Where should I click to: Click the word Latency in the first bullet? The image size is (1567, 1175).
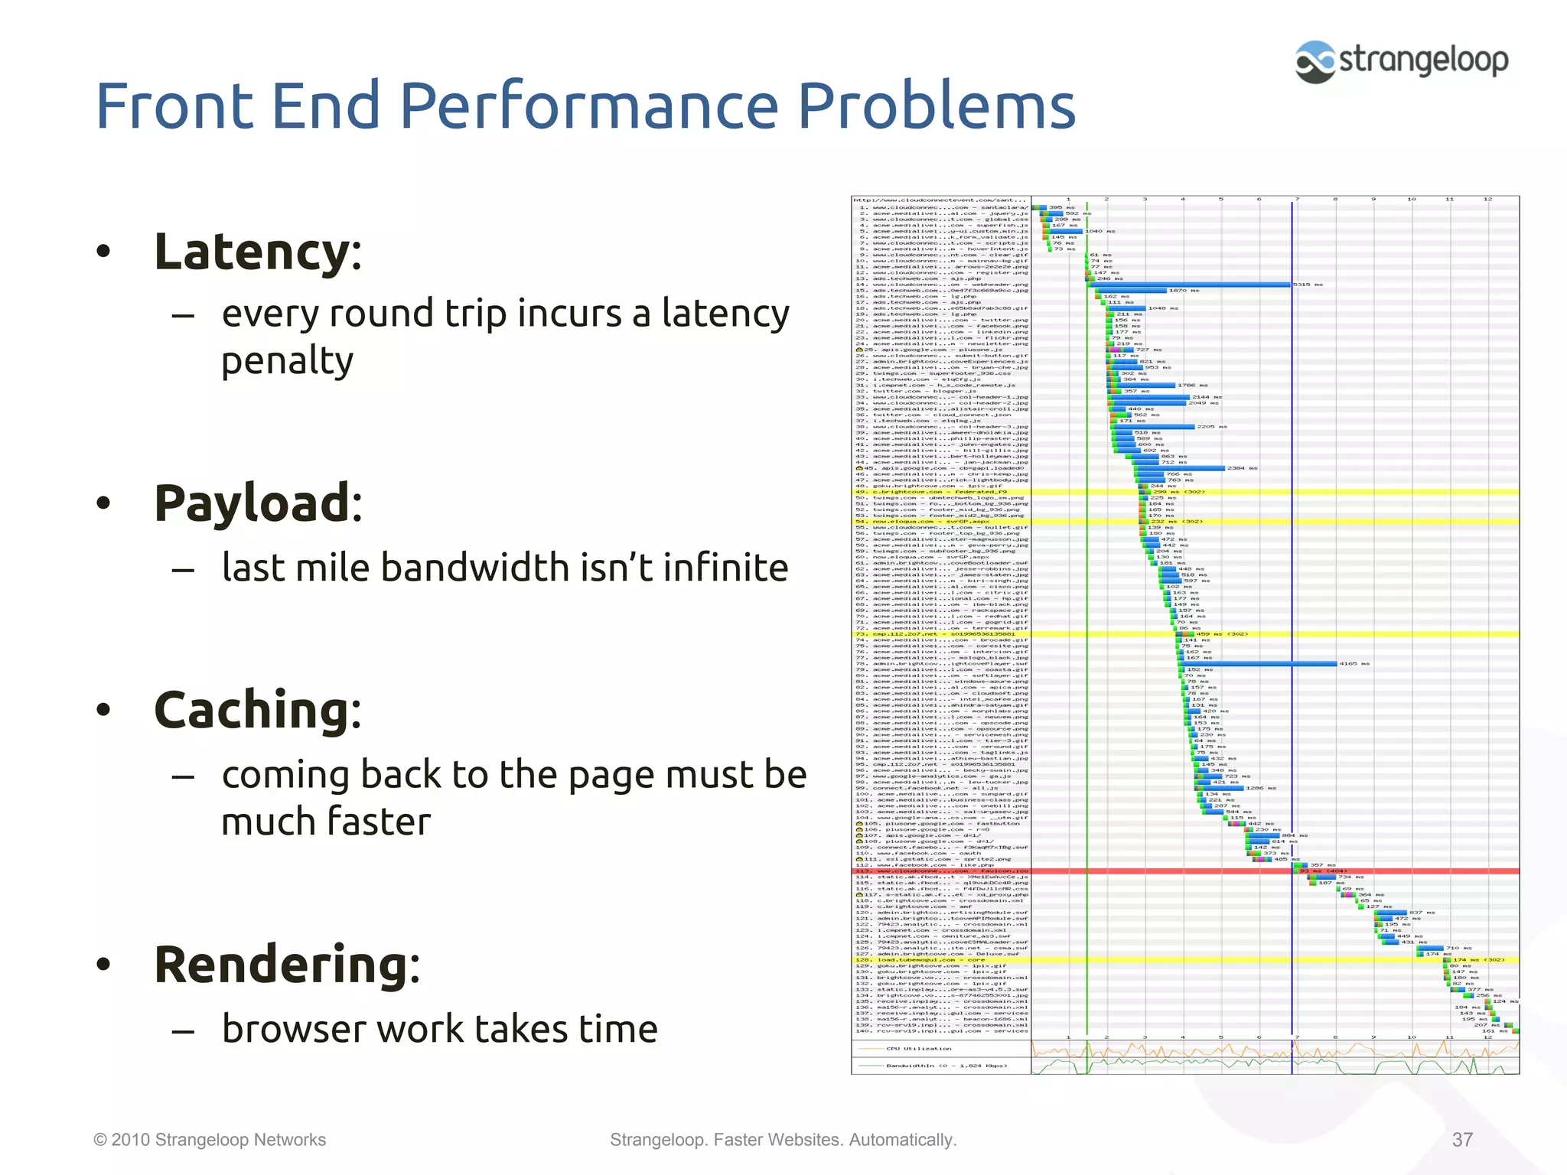[252, 252]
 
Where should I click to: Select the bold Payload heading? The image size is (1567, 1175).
[252, 503]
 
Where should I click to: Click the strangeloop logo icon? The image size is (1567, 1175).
[1315, 61]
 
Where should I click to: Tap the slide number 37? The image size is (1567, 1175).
[1462, 1140]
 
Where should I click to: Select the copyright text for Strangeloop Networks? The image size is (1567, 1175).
[210, 1140]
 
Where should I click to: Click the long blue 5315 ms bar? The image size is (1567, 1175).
[1194, 285]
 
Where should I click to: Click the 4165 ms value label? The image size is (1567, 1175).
[1354, 664]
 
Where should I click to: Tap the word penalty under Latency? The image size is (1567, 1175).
[287, 361]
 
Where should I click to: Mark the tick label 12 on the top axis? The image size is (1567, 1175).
[1487, 199]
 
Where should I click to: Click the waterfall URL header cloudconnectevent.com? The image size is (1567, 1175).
[940, 200]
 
